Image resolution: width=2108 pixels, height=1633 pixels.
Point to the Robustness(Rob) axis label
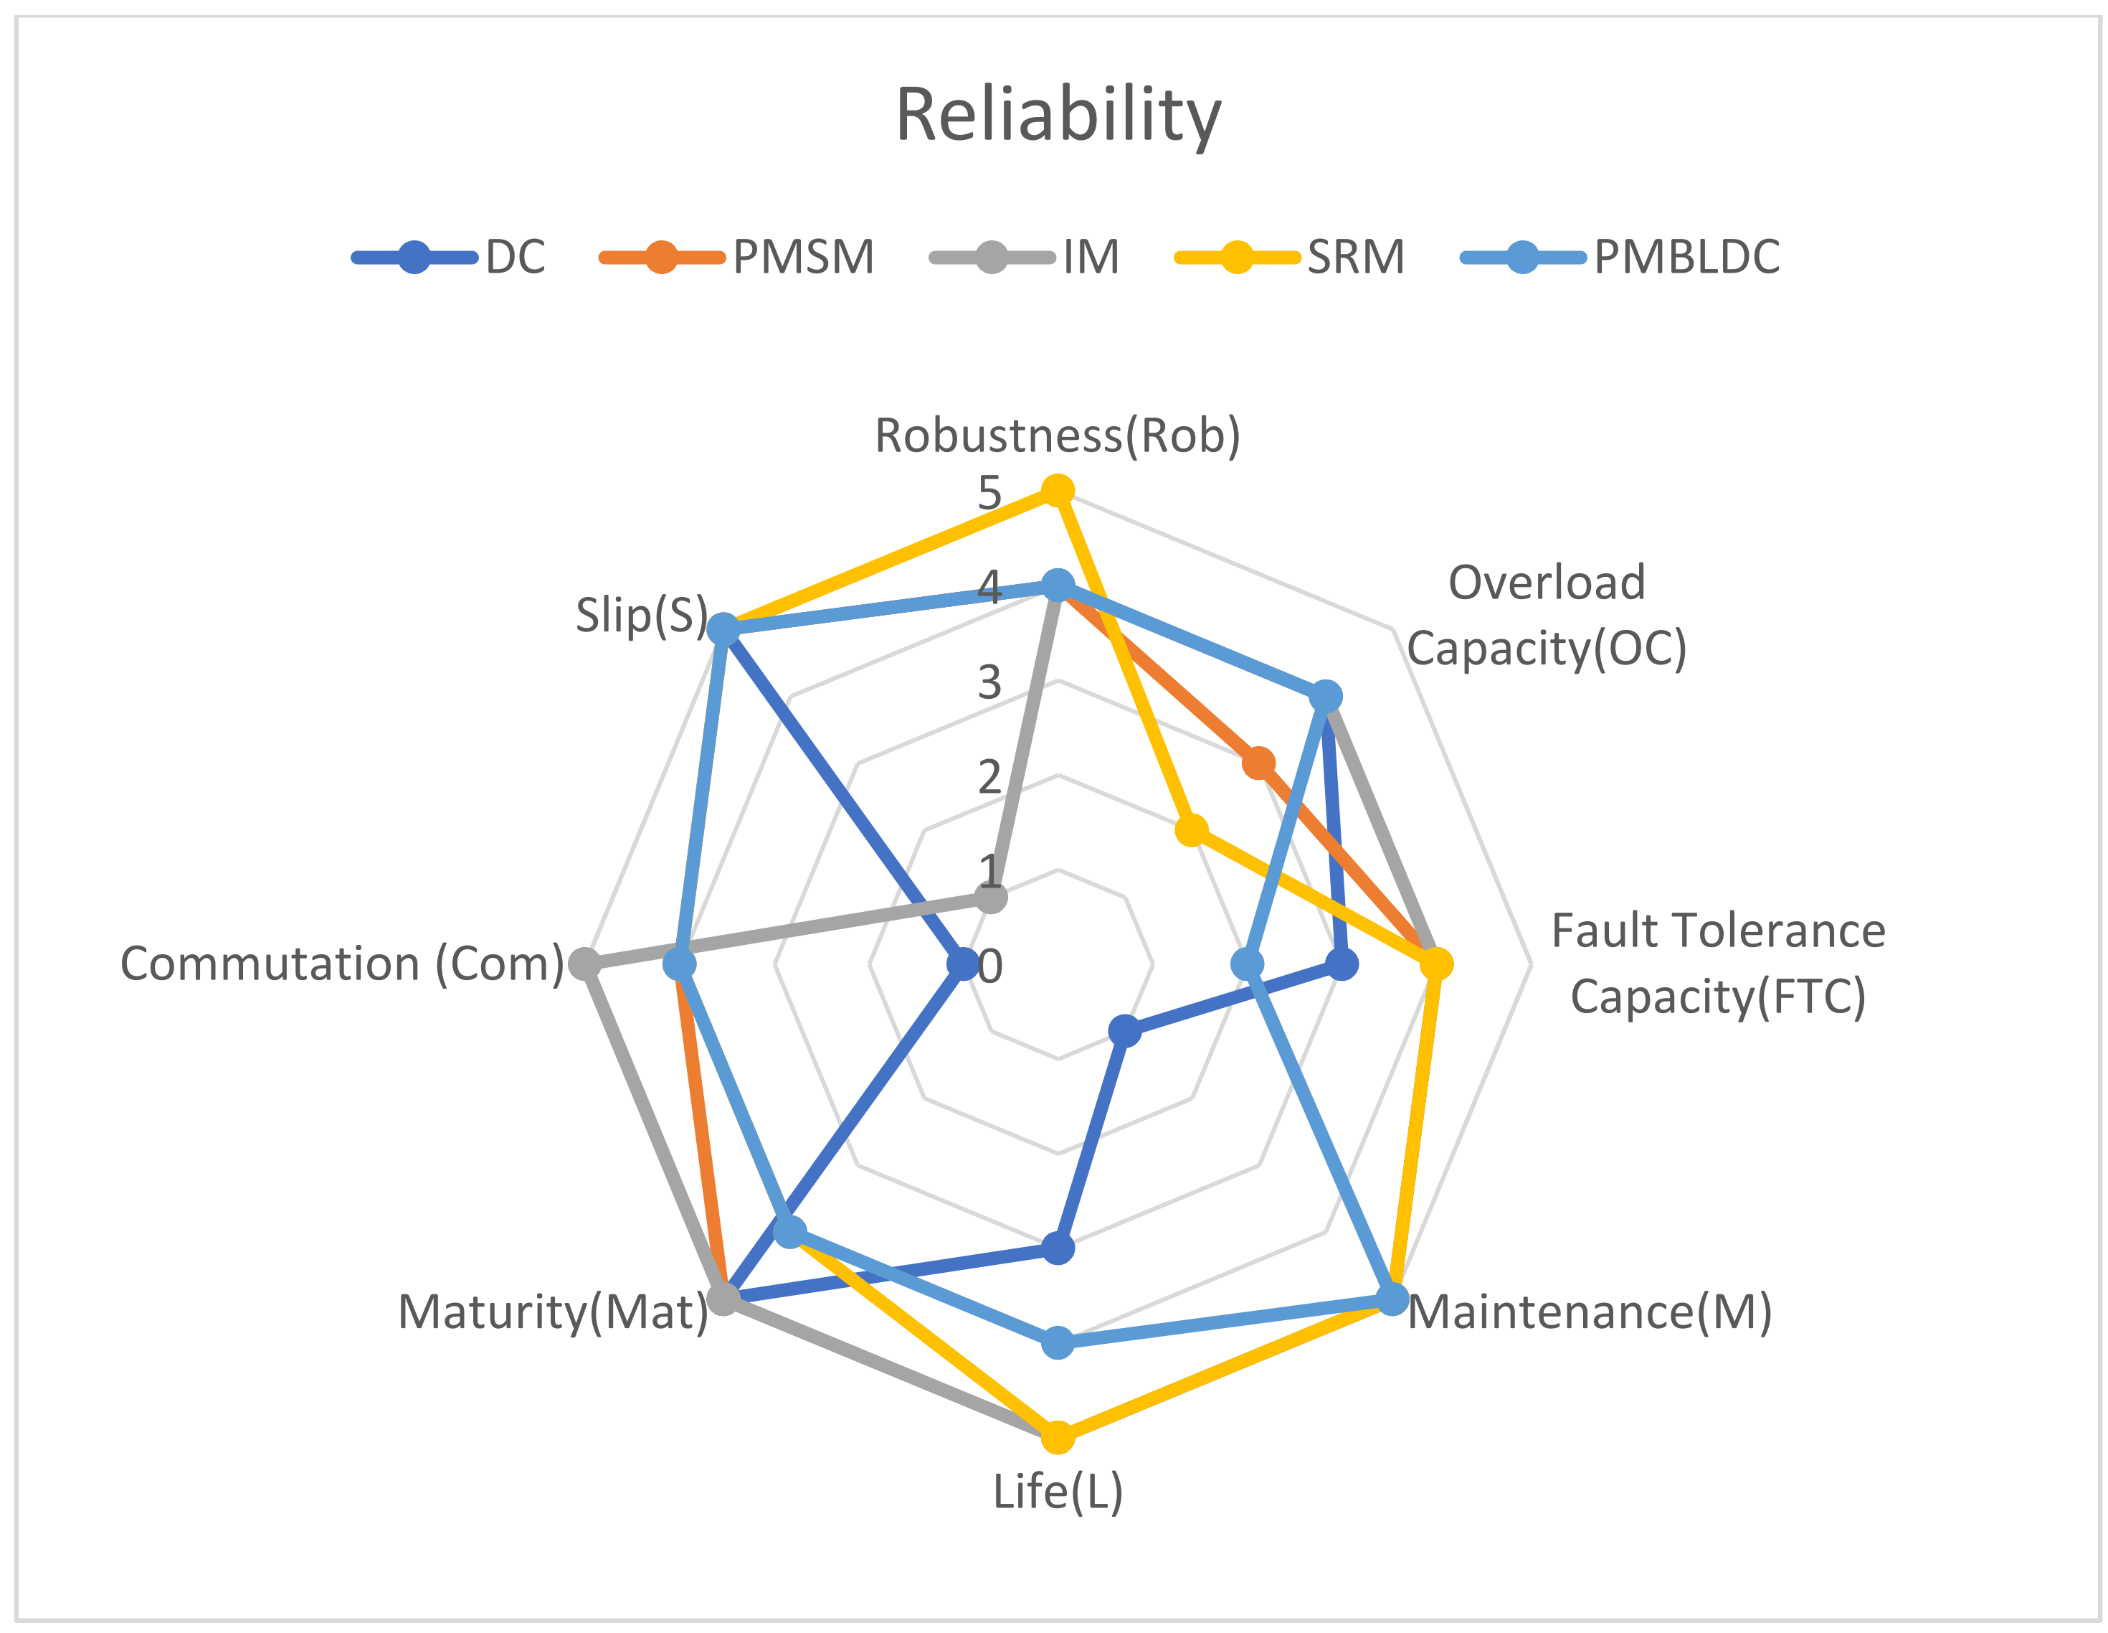1058,436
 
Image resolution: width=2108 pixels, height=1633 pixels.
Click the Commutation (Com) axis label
342,964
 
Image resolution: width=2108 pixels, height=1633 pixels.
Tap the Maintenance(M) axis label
1590,1312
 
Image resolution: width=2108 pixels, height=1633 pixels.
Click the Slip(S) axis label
642,615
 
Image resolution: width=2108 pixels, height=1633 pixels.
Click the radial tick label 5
989,494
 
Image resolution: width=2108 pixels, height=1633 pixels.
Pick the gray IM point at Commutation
584,964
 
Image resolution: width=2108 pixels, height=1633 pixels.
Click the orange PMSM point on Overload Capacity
1258,764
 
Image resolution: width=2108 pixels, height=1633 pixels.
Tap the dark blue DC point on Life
1059,1248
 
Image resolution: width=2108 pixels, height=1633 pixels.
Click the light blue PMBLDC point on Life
1059,1342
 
